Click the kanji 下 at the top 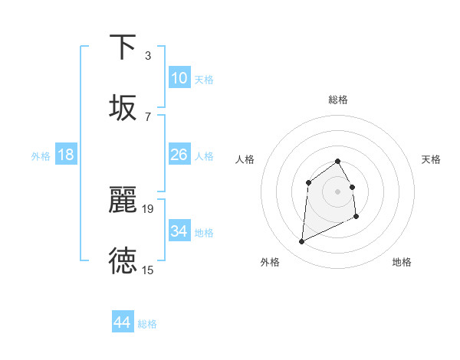coord(123,47)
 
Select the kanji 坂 coord(123,108)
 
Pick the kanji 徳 coord(123,261)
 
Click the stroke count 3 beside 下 coord(147,55)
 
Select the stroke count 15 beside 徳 coord(148,270)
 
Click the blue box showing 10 coord(179,78)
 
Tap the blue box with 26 coord(179,155)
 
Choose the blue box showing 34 coord(179,231)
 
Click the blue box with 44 coord(122,322)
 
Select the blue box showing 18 coord(66,155)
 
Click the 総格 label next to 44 coord(147,324)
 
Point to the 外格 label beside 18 coord(41,156)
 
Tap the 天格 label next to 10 coord(203,80)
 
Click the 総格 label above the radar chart coord(338,100)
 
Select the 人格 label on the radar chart coord(245,159)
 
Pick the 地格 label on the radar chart coord(402,262)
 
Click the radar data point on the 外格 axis coord(301,242)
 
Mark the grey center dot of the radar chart coord(337,191)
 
